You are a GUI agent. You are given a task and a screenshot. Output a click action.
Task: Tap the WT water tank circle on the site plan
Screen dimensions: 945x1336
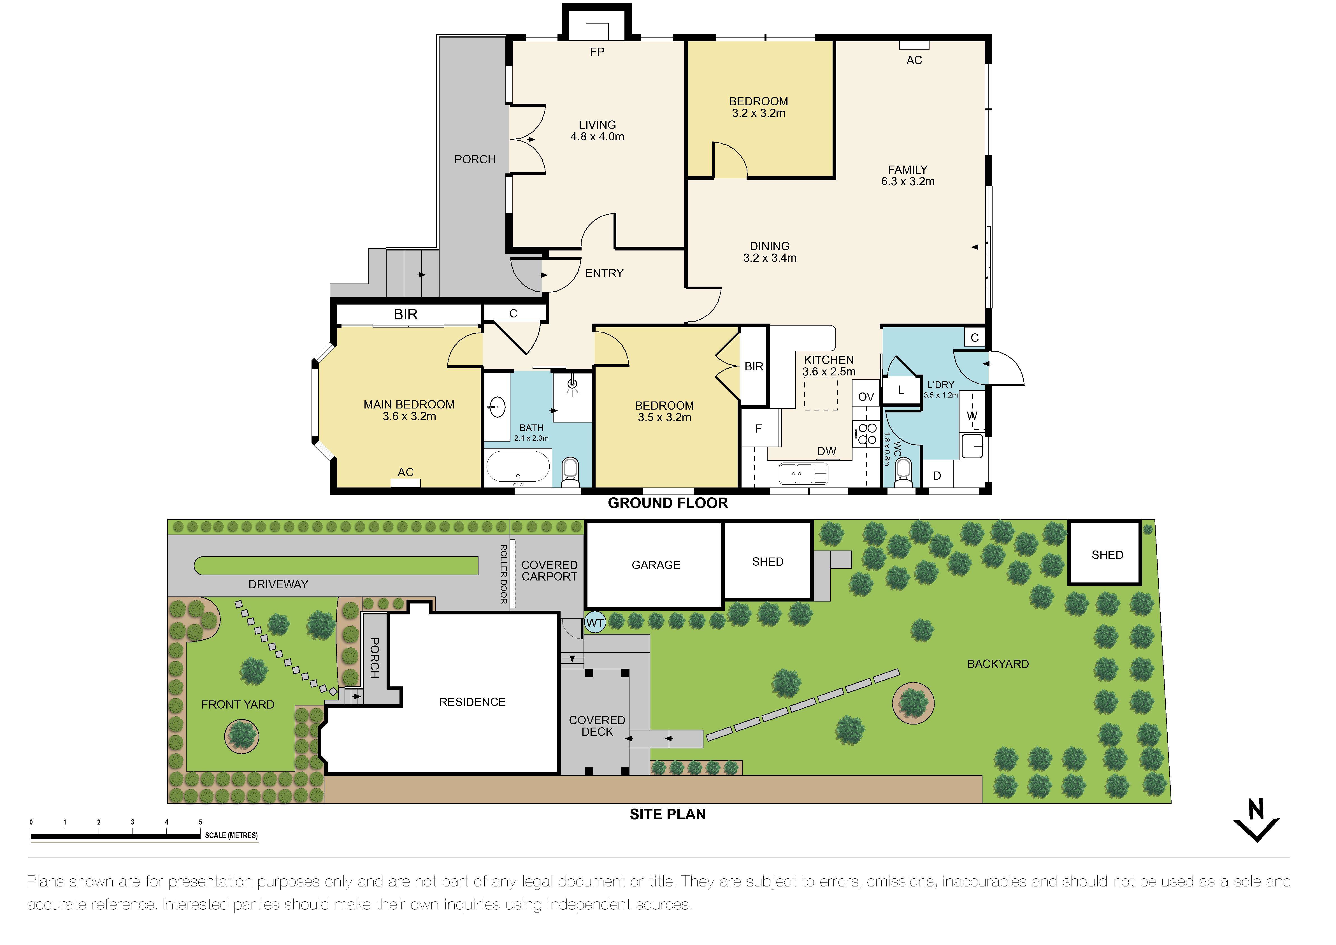tap(595, 623)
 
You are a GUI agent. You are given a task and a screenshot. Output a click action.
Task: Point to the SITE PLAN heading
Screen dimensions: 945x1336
tap(667, 814)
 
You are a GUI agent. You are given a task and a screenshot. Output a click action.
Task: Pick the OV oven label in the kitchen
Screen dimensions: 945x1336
tap(866, 397)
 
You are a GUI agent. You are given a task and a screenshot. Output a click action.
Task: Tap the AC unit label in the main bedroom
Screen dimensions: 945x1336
tap(406, 472)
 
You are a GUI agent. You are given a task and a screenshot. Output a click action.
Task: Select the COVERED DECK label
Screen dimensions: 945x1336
tap(597, 726)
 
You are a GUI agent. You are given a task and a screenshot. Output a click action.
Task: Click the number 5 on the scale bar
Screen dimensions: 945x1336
tap(200, 822)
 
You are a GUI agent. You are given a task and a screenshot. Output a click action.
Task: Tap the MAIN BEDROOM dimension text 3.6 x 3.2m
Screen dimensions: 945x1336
tap(409, 416)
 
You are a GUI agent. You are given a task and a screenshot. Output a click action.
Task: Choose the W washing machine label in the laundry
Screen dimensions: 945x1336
tap(972, 415)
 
